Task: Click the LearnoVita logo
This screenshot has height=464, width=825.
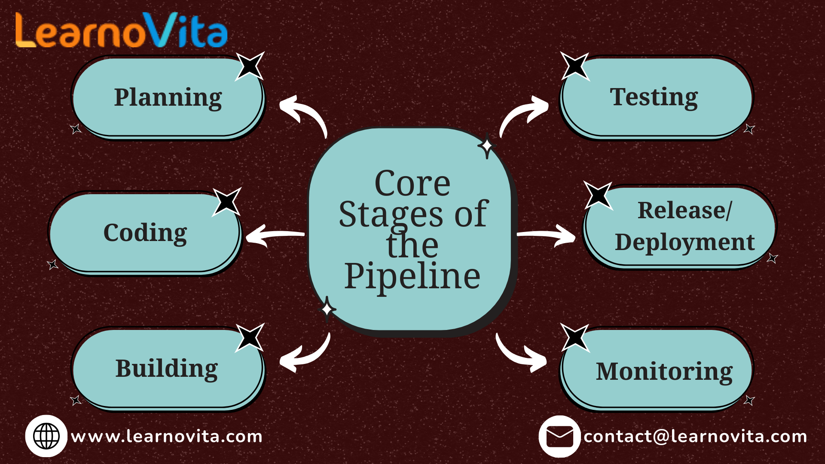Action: coord(121,30)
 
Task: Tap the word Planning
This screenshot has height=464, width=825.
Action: coord(168,98)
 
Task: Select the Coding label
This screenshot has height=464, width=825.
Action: coord(145,233)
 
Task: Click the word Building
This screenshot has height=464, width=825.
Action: coord(167,369)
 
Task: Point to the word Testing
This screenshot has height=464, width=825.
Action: coord(654,97)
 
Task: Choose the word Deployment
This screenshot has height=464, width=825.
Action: coord(684,242)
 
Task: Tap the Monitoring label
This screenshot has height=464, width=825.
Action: coord(664,372)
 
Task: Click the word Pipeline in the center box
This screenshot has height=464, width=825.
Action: coord(412,276)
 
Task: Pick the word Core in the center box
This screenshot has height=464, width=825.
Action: coord(412,183)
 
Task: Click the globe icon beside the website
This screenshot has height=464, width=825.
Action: coord(46,436)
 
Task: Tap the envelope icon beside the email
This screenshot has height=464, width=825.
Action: coord(559,437)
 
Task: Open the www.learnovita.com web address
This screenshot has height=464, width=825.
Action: coord(167,437)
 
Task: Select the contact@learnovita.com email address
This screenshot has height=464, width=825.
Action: coord(695,437)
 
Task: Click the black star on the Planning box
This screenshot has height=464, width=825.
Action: coord(249,66)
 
